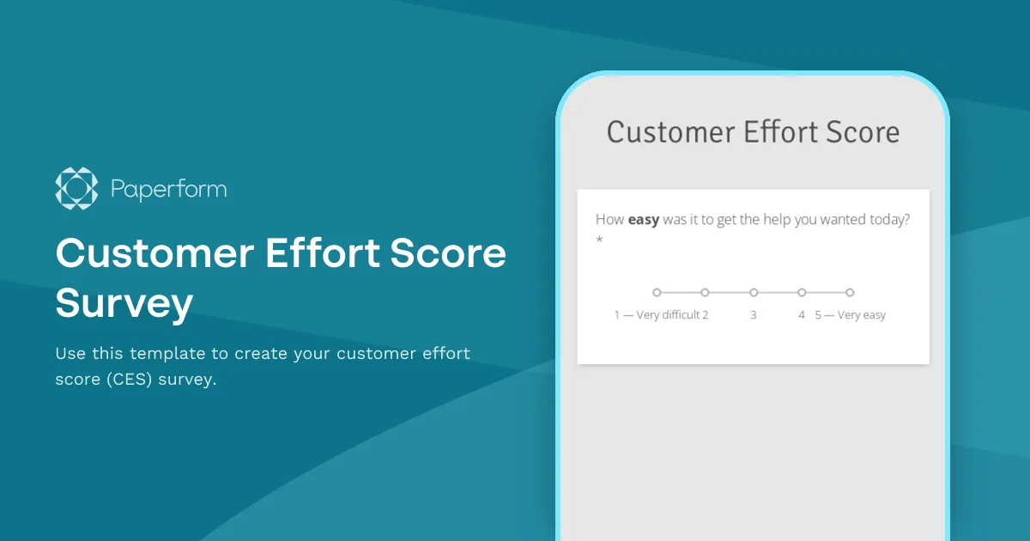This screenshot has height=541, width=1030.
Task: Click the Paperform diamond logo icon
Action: (x=77, y=188)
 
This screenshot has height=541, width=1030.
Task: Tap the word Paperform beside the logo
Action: (x=169, y=189)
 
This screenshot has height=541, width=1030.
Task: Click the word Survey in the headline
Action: (x=124, y=302)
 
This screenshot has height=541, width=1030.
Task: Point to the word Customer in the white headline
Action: (x=151, y=255)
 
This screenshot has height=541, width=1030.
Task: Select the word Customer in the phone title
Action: (x=665, y=132)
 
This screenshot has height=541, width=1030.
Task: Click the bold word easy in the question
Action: (x=644, y=220)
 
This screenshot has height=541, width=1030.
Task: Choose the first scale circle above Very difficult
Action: (x=657, y=293)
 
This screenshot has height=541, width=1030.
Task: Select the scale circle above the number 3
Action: (x=754, y=293)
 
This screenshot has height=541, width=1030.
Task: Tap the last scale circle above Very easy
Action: (x=850, y=293)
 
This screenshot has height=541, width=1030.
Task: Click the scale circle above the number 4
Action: (x=802, y=293)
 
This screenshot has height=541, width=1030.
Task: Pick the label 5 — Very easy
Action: (x=851, y=315)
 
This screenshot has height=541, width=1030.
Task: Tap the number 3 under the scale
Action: (x=754, y=315)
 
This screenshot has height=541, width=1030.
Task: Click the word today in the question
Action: (x=889, y=220)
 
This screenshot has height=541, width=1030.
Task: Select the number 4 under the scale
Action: (x=802, y=315)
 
